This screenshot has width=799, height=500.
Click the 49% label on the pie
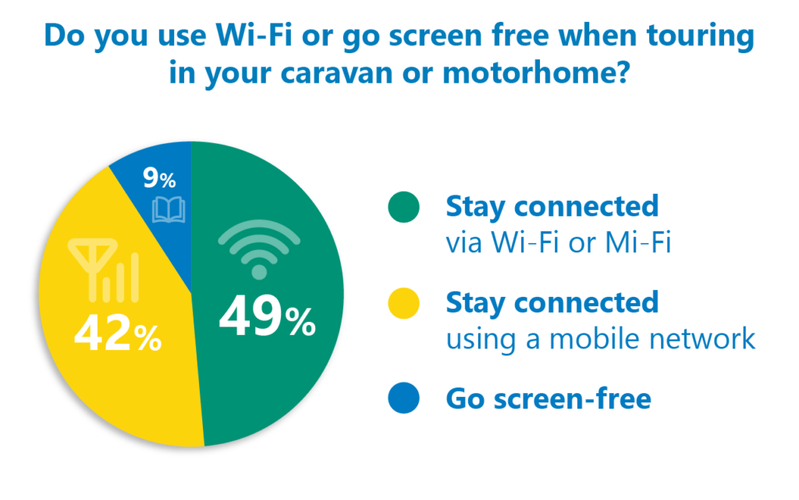coord(268,317)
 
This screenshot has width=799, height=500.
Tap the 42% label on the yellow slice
coord(119,333)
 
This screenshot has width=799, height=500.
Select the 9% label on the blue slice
coord(159,178)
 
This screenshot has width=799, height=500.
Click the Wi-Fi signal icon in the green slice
coord(259,249)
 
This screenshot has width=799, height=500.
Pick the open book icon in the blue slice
coord(169,209)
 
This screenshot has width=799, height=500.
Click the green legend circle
coord(403,207)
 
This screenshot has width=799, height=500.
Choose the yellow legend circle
coord(403,303)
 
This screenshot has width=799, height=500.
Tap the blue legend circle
coord(403,398)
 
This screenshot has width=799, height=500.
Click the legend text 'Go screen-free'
coord(549,398)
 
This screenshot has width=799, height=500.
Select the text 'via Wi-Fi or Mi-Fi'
coord(559,242)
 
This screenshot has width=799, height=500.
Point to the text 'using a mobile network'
coord(600,339)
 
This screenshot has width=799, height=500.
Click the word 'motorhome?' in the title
coord(536,73)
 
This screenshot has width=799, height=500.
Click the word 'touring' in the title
coord(700,37)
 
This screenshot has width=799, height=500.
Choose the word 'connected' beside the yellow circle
coord(587,302)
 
